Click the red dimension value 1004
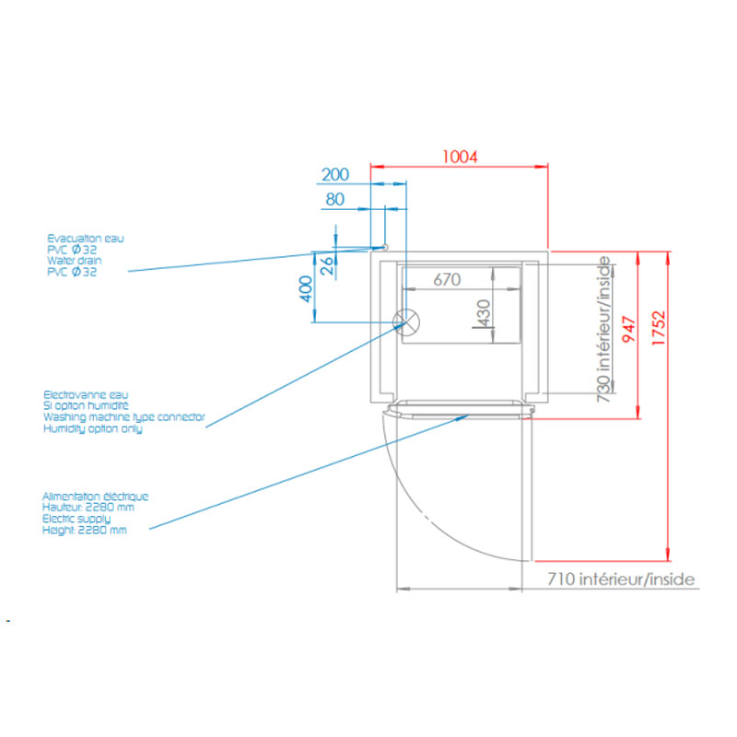460,157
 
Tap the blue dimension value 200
335,174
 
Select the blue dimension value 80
335,199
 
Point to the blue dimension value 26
327,265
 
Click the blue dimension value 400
306,289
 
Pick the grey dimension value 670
447,280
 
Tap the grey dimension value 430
484,313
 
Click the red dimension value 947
629,329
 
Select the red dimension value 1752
659,328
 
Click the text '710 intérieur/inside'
621,579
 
